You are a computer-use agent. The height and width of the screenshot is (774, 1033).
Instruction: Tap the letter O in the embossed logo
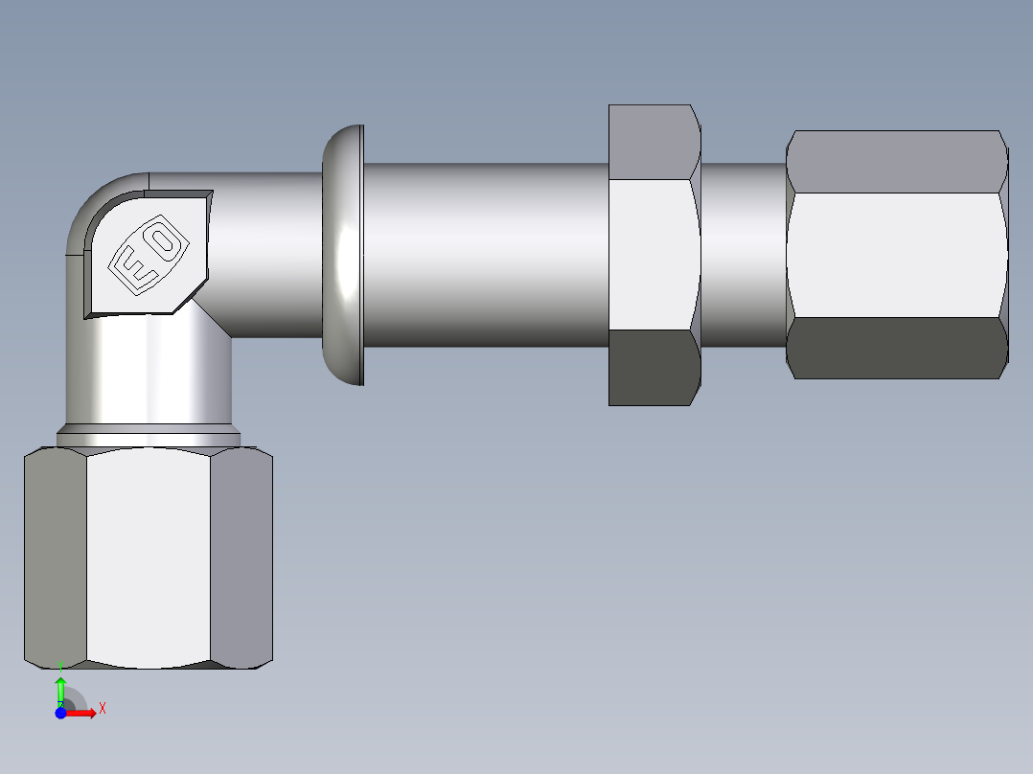[165, 242]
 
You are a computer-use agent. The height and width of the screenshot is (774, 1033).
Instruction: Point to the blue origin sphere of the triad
[60, 713]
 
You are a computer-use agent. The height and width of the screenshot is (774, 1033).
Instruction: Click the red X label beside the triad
[102, 708]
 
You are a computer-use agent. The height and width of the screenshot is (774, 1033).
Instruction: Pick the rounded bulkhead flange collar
[343, 255]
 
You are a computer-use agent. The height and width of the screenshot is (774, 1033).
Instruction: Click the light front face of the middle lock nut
[652, 255]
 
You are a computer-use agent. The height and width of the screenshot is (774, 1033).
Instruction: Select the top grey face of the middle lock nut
[652, 142]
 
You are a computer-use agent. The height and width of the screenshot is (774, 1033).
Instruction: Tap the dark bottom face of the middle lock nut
[652, 368]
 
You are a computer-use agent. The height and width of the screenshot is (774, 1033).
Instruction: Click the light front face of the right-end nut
[896, 255]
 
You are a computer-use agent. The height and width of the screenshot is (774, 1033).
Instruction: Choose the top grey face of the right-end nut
[896, 161]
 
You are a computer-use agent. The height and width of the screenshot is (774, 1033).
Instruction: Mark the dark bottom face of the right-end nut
[896, 348]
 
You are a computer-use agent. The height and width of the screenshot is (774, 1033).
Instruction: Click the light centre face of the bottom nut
[149, 556]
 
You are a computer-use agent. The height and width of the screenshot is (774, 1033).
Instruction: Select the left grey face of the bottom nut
[56, 556]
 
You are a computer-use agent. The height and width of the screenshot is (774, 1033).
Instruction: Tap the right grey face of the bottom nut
[241, 556]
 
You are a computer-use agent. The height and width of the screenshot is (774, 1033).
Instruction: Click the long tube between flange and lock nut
[484, 255]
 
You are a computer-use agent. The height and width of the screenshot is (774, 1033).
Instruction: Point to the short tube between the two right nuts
[744, 255]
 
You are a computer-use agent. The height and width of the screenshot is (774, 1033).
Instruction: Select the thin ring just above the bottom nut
[149, 439]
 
